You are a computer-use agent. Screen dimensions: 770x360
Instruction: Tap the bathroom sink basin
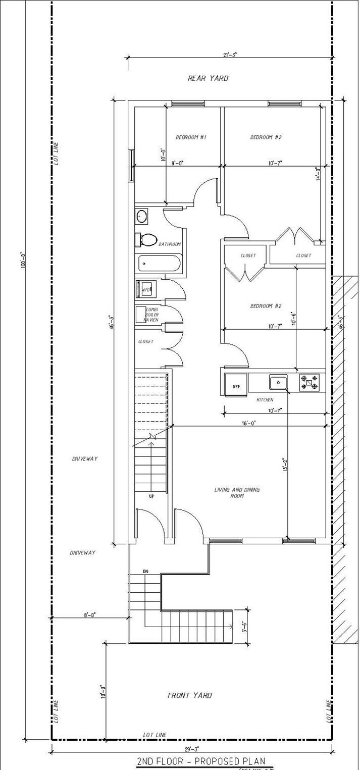[141, 217]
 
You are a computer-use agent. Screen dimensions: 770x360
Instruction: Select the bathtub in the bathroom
[158, 263]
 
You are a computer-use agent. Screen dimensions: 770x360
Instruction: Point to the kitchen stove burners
[309, 382]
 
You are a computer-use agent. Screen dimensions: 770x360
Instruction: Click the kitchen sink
[278, 382]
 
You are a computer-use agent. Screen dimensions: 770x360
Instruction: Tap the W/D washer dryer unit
[145, 290]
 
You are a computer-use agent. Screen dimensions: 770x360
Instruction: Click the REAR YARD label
[208, 78]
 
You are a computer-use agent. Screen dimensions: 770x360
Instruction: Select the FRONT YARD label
[189, 695]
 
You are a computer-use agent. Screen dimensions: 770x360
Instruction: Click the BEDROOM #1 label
[191, 137]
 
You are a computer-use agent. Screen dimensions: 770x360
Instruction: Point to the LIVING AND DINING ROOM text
[237, 493]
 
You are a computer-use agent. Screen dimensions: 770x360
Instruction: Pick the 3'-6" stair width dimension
[244, 627]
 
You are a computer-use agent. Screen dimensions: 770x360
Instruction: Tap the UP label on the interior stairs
[151, 496]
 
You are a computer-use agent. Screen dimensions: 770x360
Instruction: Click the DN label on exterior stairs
[145, 571]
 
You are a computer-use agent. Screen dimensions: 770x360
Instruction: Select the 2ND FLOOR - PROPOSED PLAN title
[200, 761]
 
